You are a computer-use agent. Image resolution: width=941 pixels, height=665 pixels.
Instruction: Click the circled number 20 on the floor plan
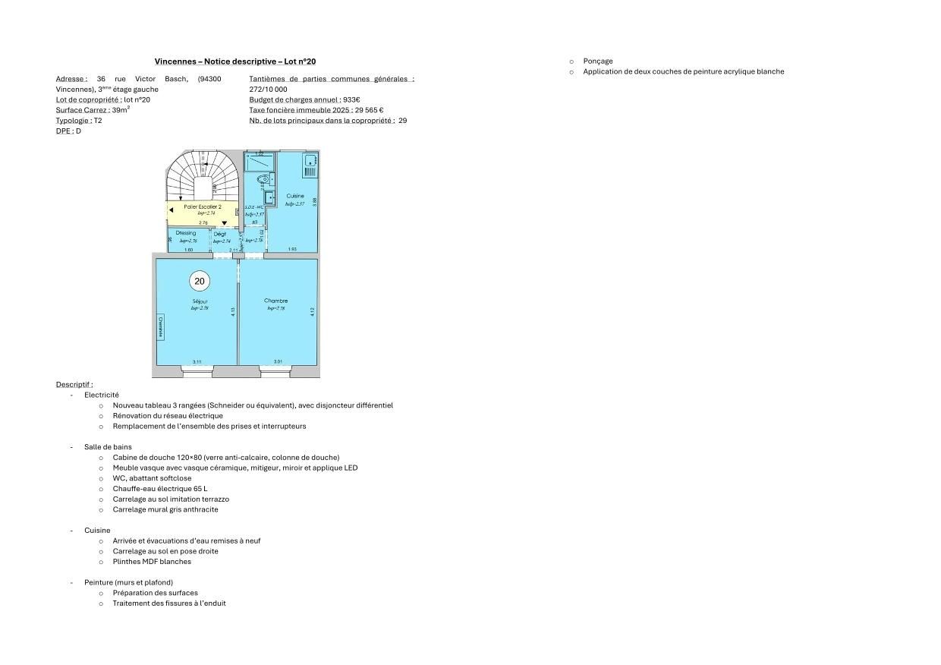pos(200,281)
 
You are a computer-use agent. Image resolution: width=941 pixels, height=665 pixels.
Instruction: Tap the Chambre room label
pos(275,301)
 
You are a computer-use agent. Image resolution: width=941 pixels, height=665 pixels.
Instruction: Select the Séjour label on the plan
pos(200,301)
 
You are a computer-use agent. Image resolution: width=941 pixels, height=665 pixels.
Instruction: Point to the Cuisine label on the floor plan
pos(295,196)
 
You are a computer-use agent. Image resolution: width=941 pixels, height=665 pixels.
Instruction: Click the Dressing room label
pos(185,233)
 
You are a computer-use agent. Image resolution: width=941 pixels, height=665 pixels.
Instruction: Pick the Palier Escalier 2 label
pos(203,206)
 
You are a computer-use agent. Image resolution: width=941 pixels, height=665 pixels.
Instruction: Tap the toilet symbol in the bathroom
pos(264,180)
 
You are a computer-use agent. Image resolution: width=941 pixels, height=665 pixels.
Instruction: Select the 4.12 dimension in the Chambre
pos(312,311)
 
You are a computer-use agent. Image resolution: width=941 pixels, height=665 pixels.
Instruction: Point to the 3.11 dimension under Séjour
pos(197,362)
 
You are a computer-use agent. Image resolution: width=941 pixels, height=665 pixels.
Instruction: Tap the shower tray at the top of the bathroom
pos(260,161)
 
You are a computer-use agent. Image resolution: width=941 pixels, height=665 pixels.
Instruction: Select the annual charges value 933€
pos(351,99)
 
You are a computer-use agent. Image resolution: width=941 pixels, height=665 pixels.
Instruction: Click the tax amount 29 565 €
pos(370,110)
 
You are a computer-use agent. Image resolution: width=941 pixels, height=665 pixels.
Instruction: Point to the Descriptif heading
pos(74,385)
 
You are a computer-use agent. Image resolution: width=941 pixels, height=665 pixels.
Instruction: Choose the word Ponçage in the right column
pos(598,61)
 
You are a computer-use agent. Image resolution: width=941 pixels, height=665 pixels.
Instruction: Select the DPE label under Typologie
pos(63,131)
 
